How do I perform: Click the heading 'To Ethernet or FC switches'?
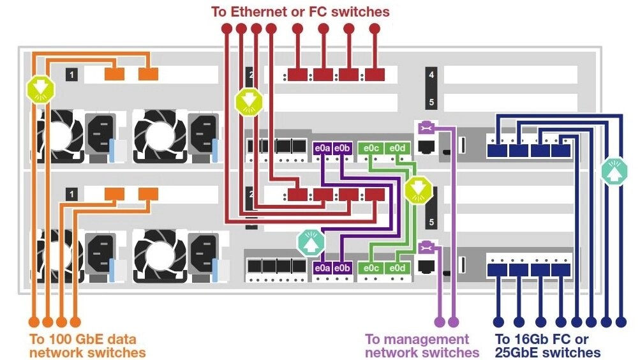pos(301,11)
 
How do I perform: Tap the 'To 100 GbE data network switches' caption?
pos(87,345)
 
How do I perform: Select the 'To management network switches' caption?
pos(422,345)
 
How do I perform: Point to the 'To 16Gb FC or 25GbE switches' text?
pos(548,345)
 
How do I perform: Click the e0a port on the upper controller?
pos(322,148)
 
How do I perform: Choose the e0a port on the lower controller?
pos(322,268)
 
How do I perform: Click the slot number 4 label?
pos(432,75)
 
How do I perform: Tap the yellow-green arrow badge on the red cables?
pos(247,101)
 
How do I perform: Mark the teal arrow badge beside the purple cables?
pos(310,242)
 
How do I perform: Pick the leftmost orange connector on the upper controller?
pos(114,75)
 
